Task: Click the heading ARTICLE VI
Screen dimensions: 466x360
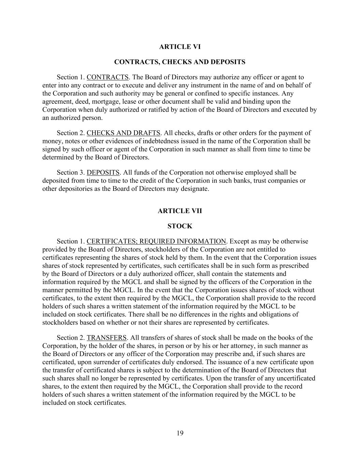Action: (x=180, y=47)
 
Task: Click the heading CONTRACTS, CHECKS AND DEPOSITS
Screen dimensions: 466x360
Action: (x=180, y=62)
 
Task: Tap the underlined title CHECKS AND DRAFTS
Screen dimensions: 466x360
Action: (x=123, y=133)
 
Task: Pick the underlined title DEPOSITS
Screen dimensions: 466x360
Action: (x=103, y=172)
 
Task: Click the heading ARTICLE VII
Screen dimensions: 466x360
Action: (x=180, y=211)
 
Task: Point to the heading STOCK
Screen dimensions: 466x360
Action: (x=180, y=226)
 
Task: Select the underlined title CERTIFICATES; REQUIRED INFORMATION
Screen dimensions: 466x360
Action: (x=156, y=241)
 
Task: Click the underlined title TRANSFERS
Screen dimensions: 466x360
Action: (x=106, y=338)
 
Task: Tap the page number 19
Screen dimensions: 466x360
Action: (x=180, y=434)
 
